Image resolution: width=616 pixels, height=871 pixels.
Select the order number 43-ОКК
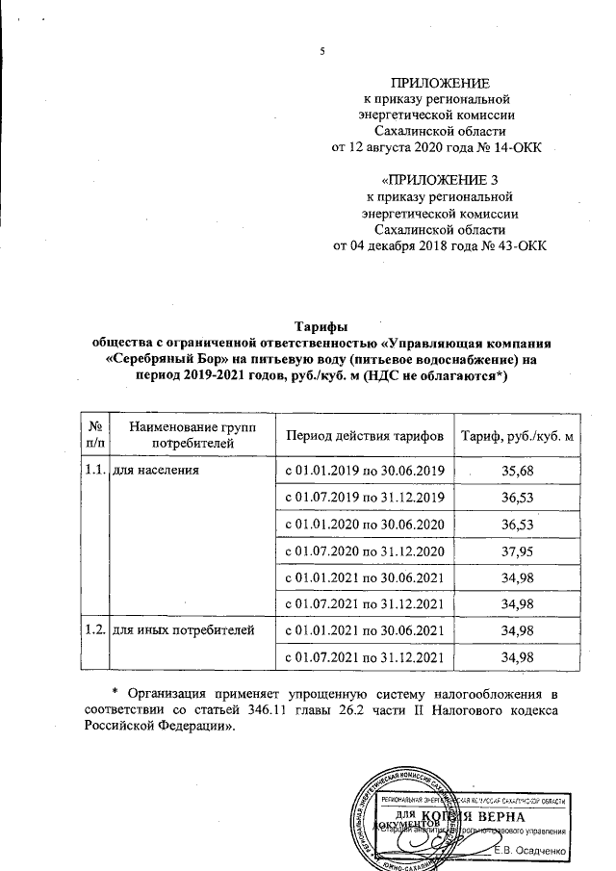[514, 245]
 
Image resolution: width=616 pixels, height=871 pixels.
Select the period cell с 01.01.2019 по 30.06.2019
[364, 470]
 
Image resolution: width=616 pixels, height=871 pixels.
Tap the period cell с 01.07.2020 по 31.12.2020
[364, 551]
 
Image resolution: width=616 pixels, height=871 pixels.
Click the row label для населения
[157, 470]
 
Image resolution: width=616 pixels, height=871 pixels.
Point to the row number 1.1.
[94, 470]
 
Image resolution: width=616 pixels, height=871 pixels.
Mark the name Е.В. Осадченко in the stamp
[532, 849]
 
